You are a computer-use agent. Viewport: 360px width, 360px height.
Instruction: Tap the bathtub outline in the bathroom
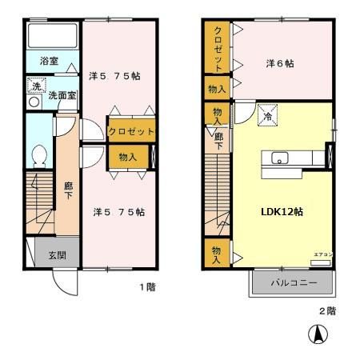(50, 36)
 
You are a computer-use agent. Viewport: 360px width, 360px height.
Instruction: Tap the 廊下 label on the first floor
(70, 190)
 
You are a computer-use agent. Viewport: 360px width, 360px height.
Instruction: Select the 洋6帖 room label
(280, 63)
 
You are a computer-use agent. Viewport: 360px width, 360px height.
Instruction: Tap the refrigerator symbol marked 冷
(267, 116)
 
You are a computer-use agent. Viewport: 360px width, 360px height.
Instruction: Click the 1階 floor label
(145, 286)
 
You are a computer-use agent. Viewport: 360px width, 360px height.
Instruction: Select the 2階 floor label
(326, 310)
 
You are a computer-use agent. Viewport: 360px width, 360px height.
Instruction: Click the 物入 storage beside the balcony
(216, 253)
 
